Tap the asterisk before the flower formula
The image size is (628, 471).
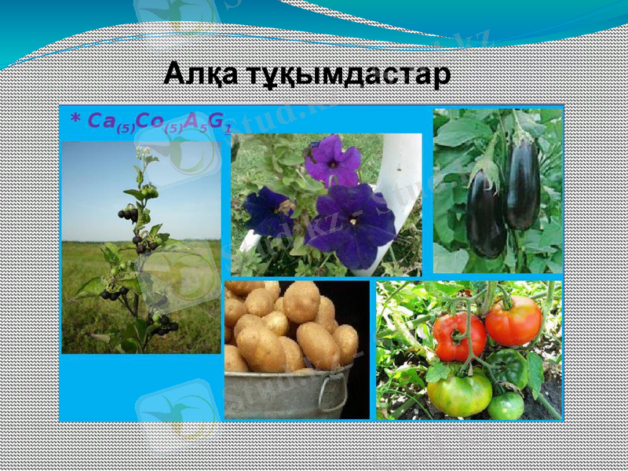[x=75, y=119]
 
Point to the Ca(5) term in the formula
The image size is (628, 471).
[x=110, y=122]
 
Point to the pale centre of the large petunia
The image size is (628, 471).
[x=353, y=221]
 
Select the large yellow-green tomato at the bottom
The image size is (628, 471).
[x=459, y=393]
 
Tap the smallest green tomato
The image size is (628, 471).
[x=506, y=405]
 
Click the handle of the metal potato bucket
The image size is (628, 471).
[x=334, y=396]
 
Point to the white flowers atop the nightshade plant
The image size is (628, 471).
[x=144, y=150]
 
